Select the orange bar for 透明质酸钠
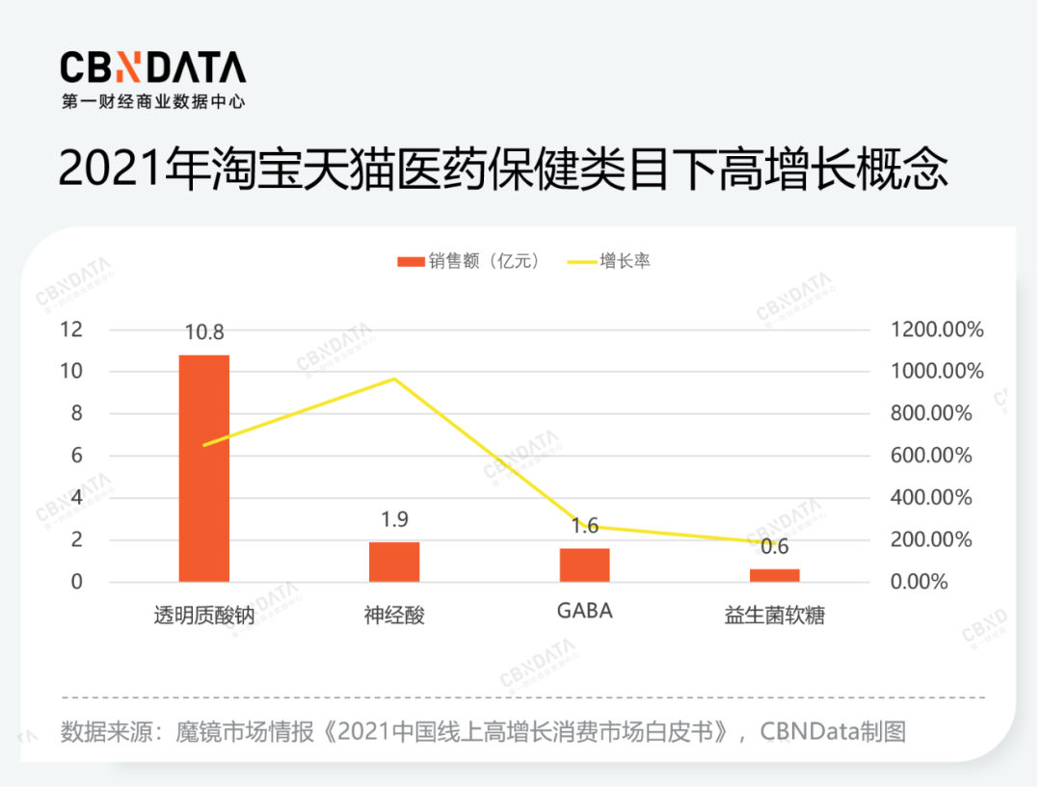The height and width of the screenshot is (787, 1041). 204,468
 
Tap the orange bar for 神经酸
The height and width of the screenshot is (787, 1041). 394,562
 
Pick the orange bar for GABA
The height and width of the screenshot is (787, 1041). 584,565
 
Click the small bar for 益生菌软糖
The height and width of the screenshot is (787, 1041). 774,575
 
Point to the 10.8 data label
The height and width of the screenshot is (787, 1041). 204,333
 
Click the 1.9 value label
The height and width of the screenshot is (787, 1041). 394,520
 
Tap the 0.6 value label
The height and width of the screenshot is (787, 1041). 774,547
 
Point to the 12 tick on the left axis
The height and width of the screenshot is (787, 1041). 72,329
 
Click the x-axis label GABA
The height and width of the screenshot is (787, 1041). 584,612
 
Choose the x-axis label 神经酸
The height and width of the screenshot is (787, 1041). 394,616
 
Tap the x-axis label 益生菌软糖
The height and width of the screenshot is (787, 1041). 774,616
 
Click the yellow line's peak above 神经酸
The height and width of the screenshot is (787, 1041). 394,379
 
